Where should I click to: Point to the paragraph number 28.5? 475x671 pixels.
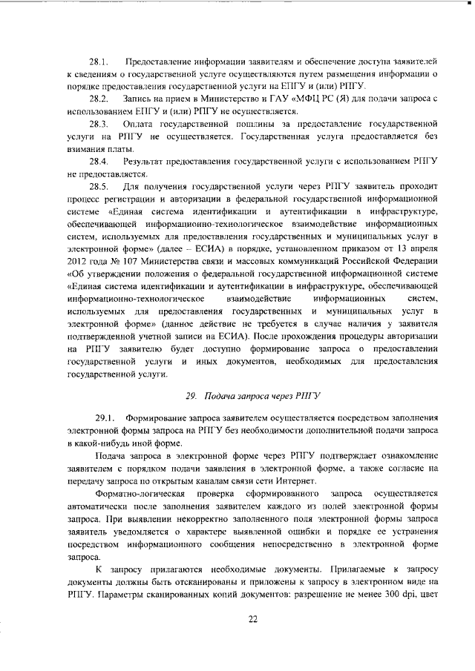tap(99, 187)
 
